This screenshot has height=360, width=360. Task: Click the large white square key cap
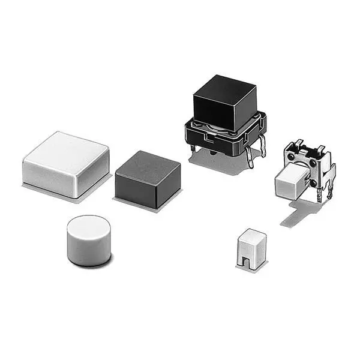pos(66,164)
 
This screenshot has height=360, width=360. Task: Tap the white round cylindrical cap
pos(88,240)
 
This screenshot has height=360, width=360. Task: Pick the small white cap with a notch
pos(252,247)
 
